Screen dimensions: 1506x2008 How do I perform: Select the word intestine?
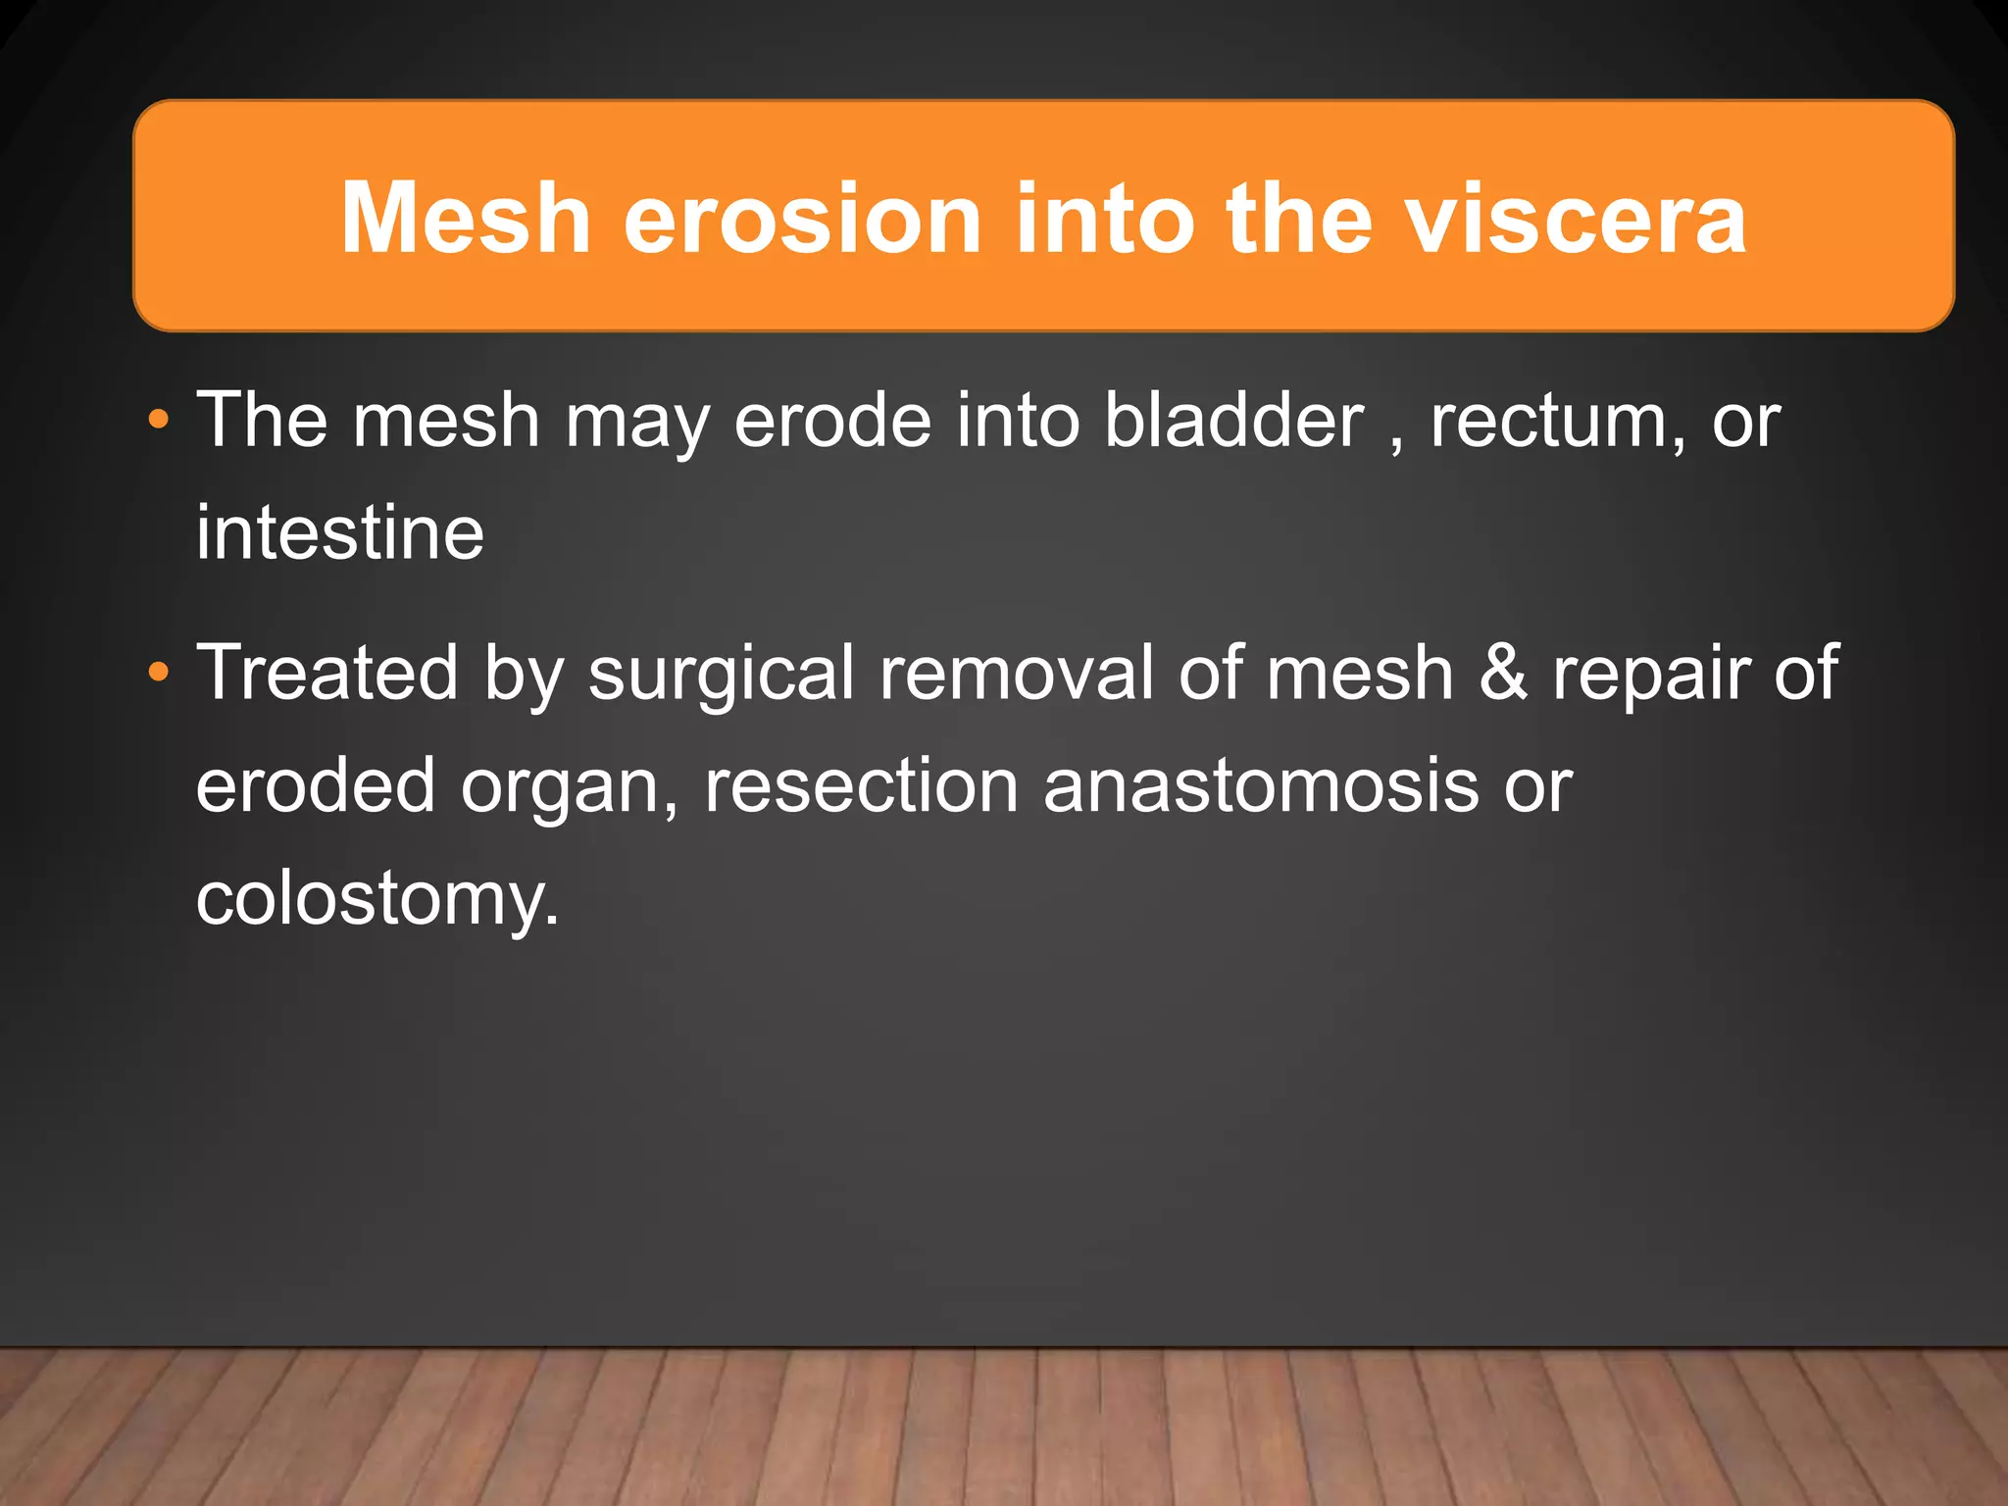click(339, 532)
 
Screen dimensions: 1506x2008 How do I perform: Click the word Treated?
click(326, 673)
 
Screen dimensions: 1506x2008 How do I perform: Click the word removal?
click(1016, 673)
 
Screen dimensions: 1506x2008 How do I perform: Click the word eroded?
click(315, 785)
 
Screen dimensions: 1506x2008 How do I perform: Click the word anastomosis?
click(1261, 785)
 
